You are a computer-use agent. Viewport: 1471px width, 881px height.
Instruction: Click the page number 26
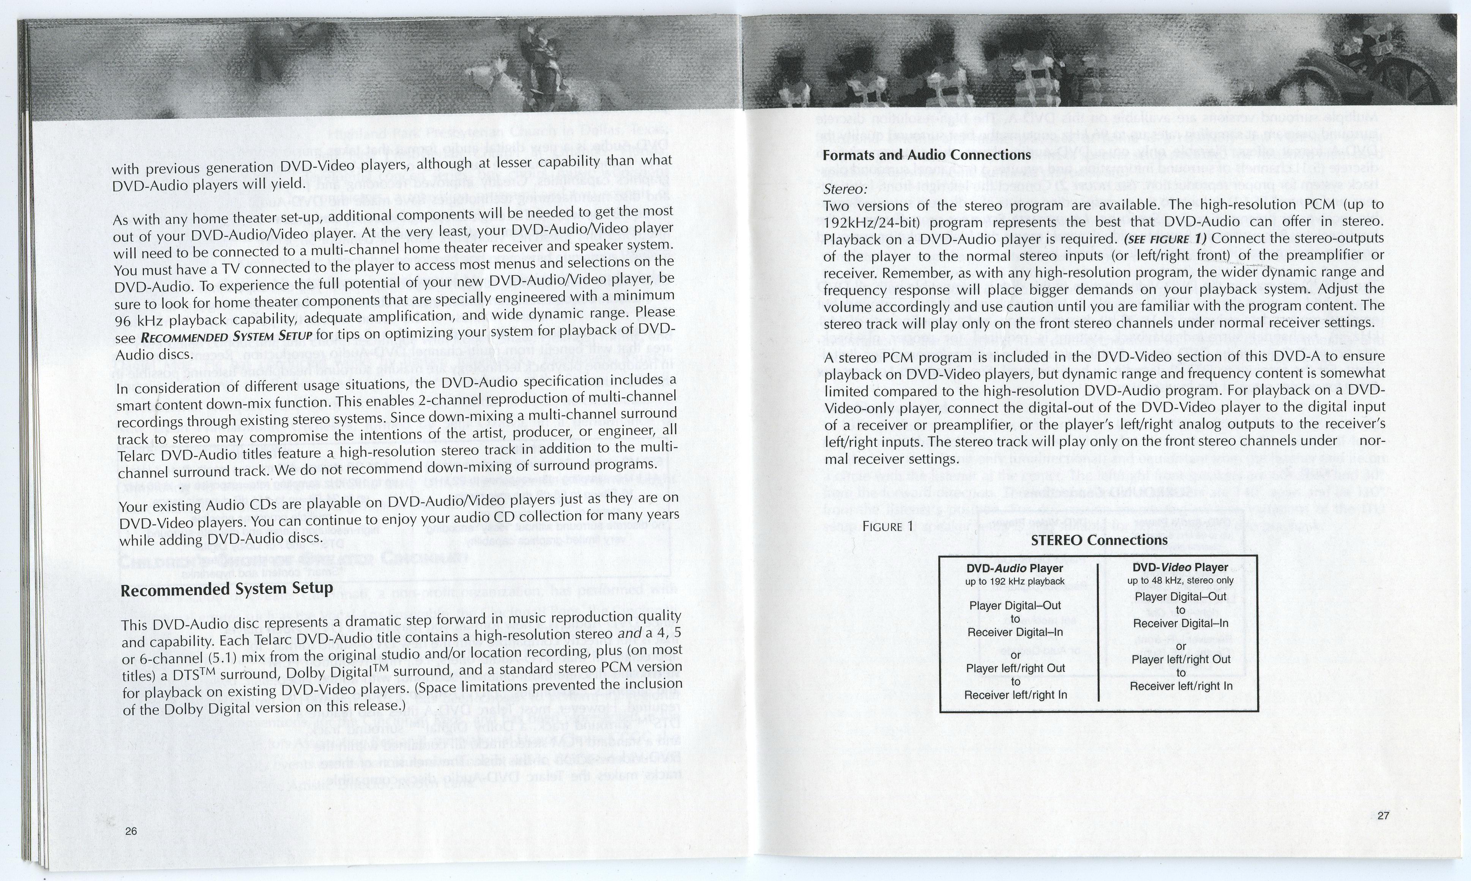(x=131, y=830)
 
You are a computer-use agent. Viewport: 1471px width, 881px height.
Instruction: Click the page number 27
(x=1383, y=815)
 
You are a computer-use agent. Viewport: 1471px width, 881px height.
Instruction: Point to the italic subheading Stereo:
(x=845, y=189)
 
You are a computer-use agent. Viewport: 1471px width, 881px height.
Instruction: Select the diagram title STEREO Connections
(x=1099, y=540)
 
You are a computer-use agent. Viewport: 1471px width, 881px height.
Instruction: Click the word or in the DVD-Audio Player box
(x=1015, y=655)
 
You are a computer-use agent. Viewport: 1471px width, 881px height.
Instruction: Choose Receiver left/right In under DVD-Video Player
(x=1181, y=686)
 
